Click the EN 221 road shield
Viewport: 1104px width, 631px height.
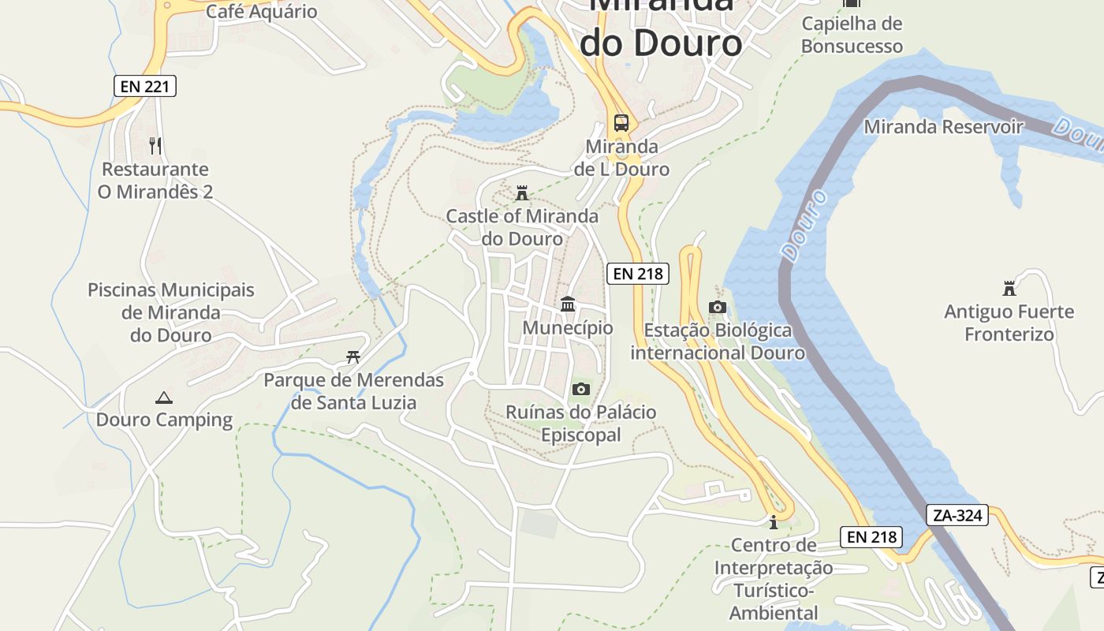click(x=145, y=86)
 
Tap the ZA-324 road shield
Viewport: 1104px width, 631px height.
click(x=957, y=516)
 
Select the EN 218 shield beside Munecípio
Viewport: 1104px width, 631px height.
click(x=638, y=274)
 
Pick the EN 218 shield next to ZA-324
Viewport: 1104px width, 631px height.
click(x=871, y=537)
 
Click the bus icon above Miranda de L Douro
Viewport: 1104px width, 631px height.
click(x=621, y=123)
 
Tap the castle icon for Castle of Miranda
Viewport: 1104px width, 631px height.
click(x=521, y=193)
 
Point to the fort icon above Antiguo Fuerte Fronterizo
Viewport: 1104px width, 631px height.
click(x=1009, y=288)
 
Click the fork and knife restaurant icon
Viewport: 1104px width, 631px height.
click(x=155, y=146)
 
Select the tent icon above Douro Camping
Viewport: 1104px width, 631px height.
click(x=164, y=398)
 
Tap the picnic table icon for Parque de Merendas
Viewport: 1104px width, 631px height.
click(x=353, y=357)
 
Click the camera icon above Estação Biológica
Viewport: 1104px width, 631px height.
click(x=717, y=307)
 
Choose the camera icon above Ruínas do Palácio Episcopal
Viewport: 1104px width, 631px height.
click(x=581, y=389)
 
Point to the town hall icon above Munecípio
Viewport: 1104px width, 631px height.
click(x=568, y=304)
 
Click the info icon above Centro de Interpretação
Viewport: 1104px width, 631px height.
click(x=774, y=522)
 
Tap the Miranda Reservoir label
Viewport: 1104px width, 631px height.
click(x=943, y=127)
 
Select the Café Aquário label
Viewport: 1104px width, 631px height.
click(x=261, y=11)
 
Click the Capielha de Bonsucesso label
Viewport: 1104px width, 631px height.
click(x=852, y=35)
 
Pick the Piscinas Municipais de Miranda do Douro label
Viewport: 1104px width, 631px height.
click(x=171, y=312)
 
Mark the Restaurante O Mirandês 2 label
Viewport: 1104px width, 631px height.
click(x=155, y=181)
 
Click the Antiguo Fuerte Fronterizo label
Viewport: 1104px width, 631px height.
click(x=1009, y=323)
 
